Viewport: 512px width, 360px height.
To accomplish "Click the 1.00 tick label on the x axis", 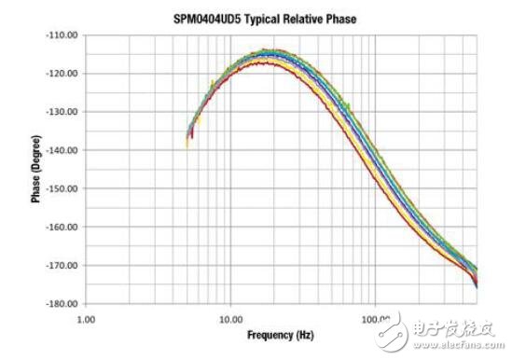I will (x=86, y=319).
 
